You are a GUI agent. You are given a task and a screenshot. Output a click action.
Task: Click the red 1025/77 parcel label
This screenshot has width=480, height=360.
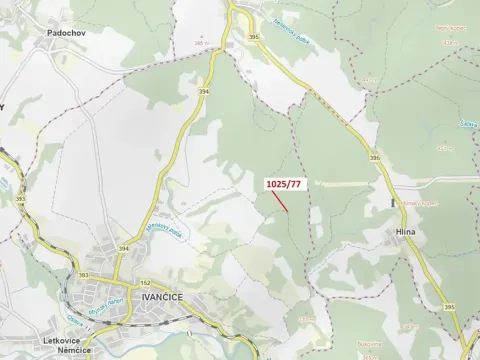pyautogui.click(x=283, y=184)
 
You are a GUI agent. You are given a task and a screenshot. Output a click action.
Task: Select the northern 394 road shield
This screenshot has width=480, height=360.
pyautogui.click(x=204, y=90)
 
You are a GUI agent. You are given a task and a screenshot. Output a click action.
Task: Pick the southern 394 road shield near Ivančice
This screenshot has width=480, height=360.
pyautogui.click(x=124, y=248)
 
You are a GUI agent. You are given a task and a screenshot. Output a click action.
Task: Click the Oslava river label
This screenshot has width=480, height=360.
pyautogui.click(x=74, y=322)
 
